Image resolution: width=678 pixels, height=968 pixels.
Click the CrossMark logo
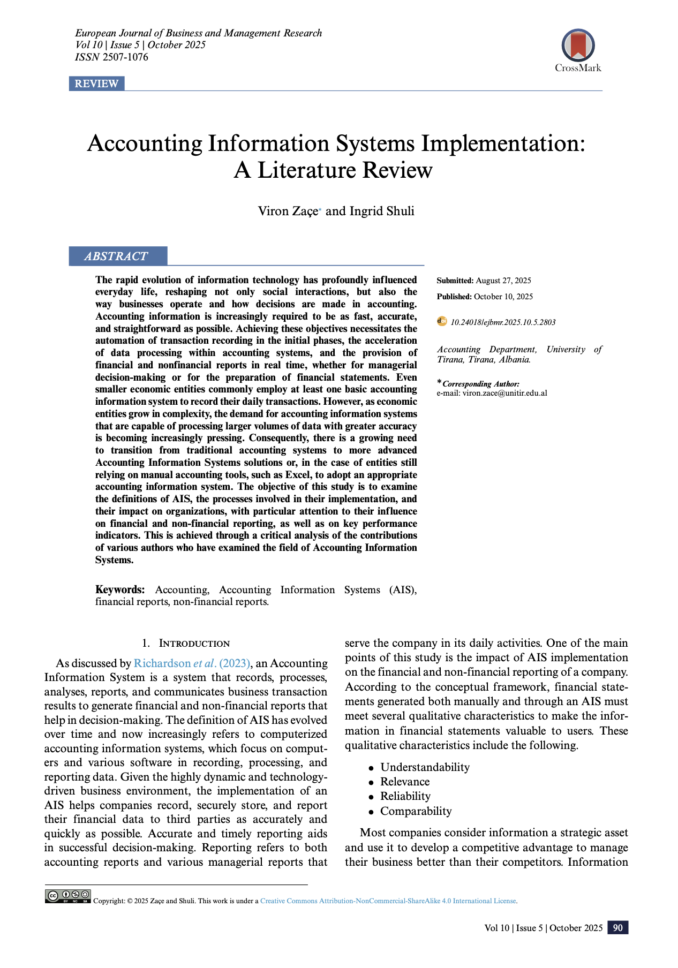[x=578, y=49]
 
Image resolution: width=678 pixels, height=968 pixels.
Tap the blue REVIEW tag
[x=96, y=84]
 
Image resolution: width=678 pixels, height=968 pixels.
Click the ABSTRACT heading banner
[x=117, y=256]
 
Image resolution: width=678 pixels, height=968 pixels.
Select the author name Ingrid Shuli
[x=382, y=211]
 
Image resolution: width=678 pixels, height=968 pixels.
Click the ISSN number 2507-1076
[x=125, y=57]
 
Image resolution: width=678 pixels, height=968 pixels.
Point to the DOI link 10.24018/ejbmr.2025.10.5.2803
[x=503, y=322]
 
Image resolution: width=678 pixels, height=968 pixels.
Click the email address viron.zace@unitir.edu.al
[x=504, y=393]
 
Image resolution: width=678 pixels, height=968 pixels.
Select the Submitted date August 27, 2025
[x=503, y=281]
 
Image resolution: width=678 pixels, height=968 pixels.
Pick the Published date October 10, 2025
[x=503, y=297]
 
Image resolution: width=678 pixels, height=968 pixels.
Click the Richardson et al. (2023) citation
[x=192, y=663]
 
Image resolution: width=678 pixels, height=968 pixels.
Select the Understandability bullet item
[x=425, y=767]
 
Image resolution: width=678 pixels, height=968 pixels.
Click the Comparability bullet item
[x=416, y=811]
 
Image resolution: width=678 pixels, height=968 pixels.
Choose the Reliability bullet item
[x=405, y=797]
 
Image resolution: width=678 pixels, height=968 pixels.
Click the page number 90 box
[x=617, y=928]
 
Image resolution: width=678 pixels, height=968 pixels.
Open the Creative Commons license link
[x=388, y=901]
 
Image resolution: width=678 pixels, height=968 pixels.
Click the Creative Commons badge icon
[x=68, y=896]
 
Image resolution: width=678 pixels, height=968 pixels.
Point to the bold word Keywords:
[x=120, y=589]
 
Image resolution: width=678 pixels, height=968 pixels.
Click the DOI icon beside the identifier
[x=442, y=321]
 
